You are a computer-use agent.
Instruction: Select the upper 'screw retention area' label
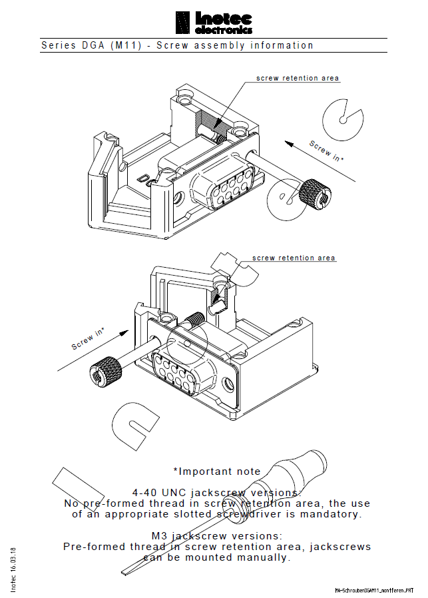pos(298,79)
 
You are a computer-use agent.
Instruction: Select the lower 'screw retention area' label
pos(294,258)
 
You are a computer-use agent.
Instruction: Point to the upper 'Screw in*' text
pos(327,151)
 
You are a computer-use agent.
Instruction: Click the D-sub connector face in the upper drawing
pos(222,182)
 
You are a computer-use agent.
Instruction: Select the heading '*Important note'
pos(212,471)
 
